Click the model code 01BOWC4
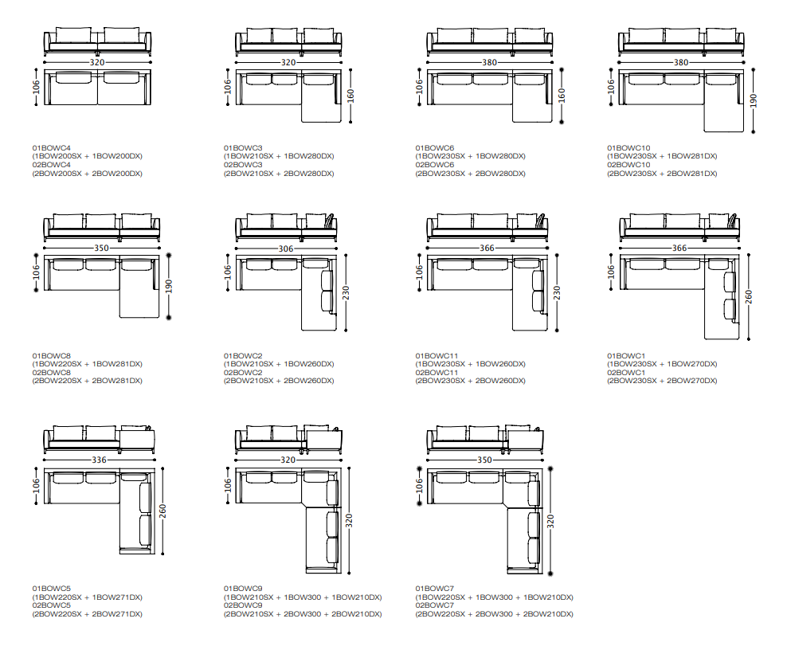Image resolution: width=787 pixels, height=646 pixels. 52,148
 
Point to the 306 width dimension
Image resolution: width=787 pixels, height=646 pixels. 286,249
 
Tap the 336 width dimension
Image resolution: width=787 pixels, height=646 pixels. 99,460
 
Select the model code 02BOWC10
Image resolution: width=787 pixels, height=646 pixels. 629,165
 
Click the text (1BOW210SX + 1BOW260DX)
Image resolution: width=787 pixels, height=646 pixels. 279,364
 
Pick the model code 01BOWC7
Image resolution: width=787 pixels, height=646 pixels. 434,589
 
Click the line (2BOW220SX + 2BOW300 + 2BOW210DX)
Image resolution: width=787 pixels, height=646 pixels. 494,614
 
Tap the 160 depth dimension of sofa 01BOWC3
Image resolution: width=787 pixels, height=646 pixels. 352,96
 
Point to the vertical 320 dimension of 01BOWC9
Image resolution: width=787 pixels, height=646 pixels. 349,520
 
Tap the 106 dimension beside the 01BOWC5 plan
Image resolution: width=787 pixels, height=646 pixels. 37,485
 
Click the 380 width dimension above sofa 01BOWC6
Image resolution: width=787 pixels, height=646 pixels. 489,62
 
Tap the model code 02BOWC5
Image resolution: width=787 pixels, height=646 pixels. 52,605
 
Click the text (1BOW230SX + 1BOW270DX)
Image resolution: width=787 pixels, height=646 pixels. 662,364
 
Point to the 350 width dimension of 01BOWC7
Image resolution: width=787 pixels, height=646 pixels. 484,460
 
